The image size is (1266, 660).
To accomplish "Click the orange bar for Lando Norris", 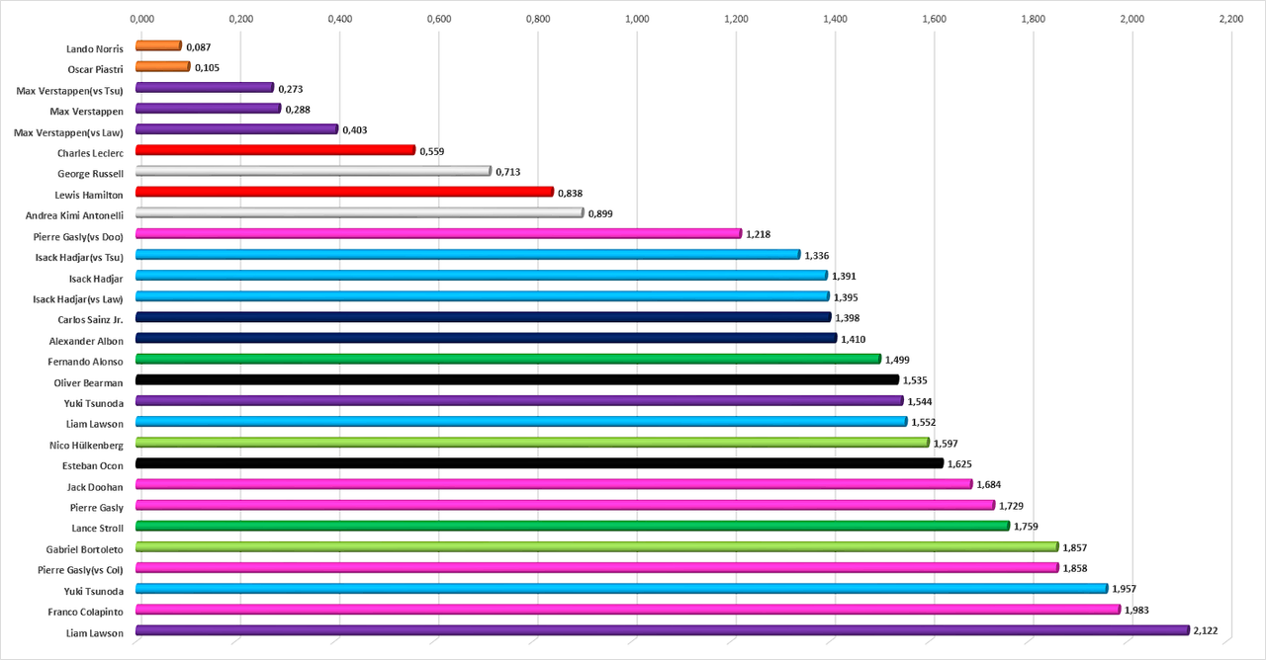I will tap(158, 45).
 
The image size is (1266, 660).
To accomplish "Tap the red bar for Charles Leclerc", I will tap(275, 150).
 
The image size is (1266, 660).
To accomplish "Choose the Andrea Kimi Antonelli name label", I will tap(74, 214).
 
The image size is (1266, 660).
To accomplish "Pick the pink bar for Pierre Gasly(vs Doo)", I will tap(438, 233).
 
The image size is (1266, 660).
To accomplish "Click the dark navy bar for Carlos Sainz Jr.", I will tap(483, 317).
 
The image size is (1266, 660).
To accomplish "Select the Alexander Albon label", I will tap(86, 340).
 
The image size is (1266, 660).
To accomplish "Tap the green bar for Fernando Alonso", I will tap(507, 359).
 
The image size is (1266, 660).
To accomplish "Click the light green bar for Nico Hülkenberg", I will tap(532, 443).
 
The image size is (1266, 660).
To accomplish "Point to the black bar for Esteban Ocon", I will tap(539, 463).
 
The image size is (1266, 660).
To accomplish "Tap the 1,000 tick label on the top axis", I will tap(637, 18).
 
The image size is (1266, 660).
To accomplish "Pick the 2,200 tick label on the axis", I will tap(1230, 18).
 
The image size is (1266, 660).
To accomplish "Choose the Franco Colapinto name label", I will tap(86, 612).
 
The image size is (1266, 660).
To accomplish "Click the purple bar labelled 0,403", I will tap(236, 129).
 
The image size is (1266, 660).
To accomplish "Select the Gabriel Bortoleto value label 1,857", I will tap(1075, 548).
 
